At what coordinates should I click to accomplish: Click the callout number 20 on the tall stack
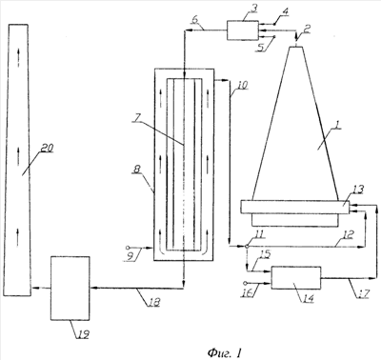click(47, 148)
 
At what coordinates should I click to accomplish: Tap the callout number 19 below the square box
click(83, 333)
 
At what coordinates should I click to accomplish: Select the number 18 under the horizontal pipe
click(153, 302)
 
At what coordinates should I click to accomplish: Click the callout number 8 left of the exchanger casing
click(136, 170)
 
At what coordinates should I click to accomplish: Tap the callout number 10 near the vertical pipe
click(242, 86)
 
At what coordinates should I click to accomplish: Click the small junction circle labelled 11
click(247, 246)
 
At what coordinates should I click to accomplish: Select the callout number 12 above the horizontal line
click(349, 234)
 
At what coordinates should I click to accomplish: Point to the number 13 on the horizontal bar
click(358, 190)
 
